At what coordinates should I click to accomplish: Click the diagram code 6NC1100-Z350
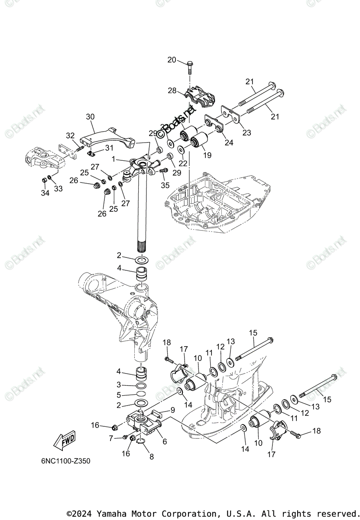click(63, 461)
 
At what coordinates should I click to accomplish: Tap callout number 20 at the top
click(172, 60)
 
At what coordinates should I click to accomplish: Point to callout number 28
click(172, 91)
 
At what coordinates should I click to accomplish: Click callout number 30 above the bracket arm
click(90, 117)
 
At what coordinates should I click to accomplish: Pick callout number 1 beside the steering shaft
click(113, 159)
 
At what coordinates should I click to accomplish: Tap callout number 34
click(45, 192)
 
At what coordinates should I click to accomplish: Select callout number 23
click(246, 133)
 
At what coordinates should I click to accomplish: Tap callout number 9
click(172, 409)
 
